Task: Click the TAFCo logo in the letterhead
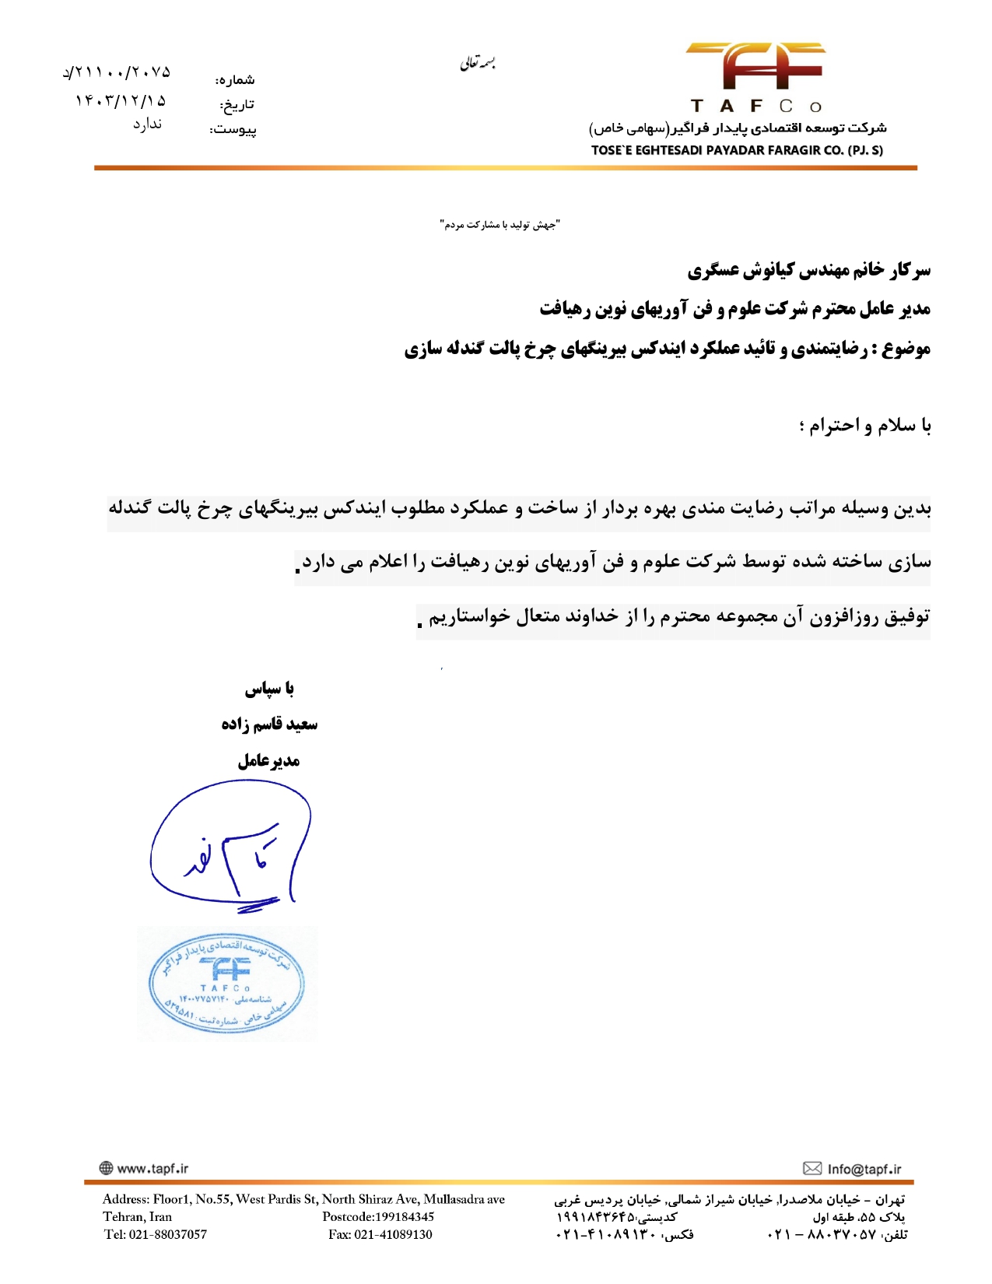point(755,75)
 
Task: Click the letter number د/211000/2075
point(117,72)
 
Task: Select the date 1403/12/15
point(121,100)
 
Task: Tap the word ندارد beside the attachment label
point(147,124)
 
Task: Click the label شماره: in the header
point(235,79)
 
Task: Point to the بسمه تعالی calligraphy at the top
point(478,62)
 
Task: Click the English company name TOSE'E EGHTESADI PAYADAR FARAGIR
point(736,150)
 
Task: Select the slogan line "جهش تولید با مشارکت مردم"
point(500,225)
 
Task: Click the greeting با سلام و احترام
point(864,426)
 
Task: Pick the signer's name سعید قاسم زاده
point(269,724)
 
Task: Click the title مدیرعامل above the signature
point(268,760)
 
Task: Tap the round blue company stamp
point(226,984)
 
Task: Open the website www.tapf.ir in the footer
point(152,1168)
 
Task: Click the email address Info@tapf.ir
point(864,1169)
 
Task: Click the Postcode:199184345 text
point(378,1216)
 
